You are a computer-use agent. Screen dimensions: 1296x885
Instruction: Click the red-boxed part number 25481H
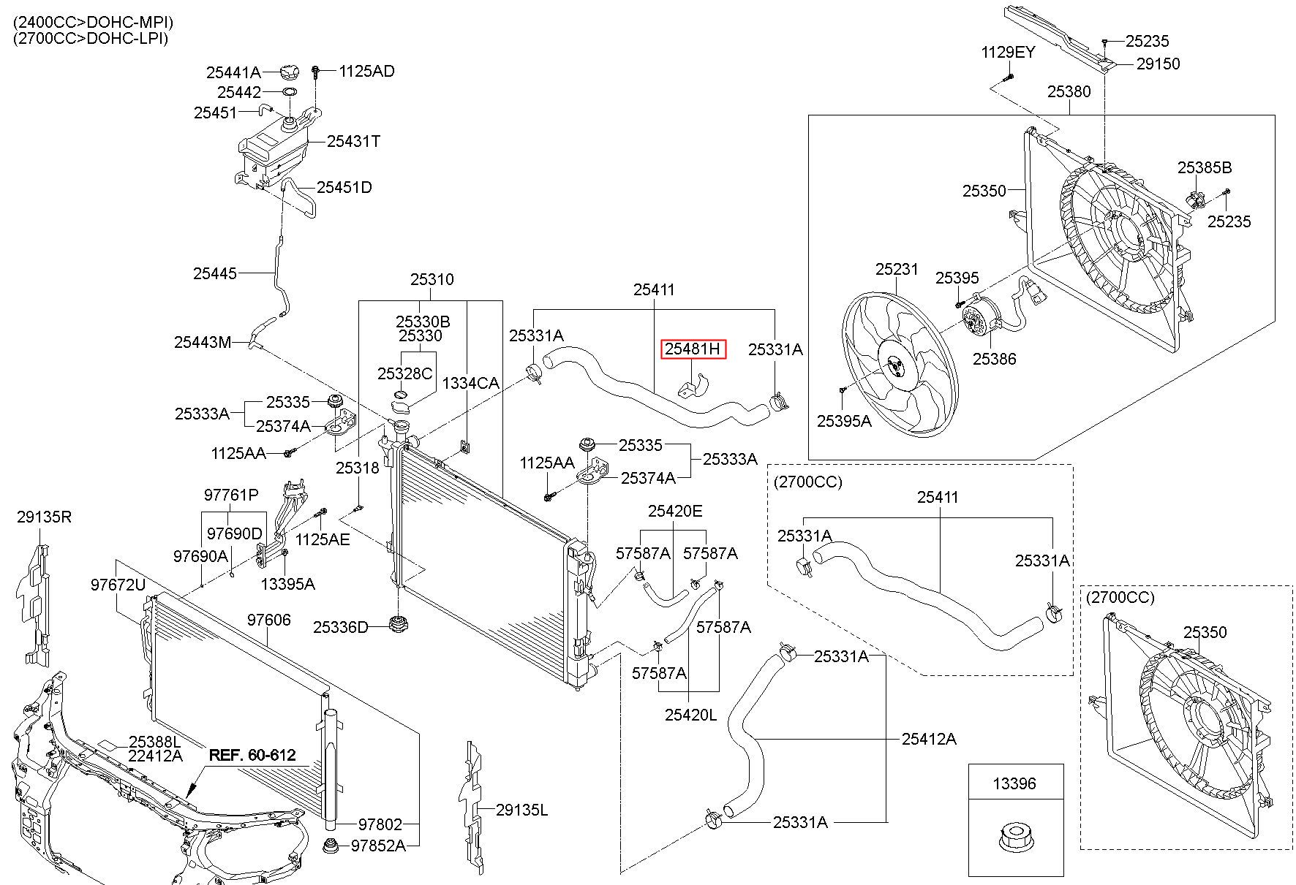(693, 350)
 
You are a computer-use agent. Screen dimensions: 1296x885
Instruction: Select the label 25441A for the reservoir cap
(233, 72)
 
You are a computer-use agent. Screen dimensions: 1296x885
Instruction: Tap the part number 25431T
(354, 142)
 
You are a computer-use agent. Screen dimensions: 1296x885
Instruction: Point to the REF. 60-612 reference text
(253, 755)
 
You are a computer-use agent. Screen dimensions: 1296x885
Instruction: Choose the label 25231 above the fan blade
(897, 270)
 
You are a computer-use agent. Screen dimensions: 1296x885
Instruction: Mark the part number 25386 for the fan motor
(994, 359)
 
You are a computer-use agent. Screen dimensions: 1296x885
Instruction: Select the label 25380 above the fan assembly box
(1069, 92)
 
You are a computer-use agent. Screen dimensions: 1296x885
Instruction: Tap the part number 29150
(1159, 64)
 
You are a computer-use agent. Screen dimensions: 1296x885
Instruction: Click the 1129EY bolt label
(1009, 53)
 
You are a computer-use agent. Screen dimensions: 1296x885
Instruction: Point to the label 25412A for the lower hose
(929, 739)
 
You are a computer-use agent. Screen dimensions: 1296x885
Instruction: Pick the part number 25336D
(341, 627)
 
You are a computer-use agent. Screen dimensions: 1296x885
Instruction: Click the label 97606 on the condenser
(268, 620)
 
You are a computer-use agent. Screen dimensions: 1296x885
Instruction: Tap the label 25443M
(203, 342)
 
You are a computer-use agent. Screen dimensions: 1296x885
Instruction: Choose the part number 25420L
(691, 715)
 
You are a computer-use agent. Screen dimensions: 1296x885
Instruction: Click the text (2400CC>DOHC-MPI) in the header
(94, 23)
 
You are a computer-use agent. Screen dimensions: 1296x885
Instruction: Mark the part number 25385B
(1205, 168)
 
